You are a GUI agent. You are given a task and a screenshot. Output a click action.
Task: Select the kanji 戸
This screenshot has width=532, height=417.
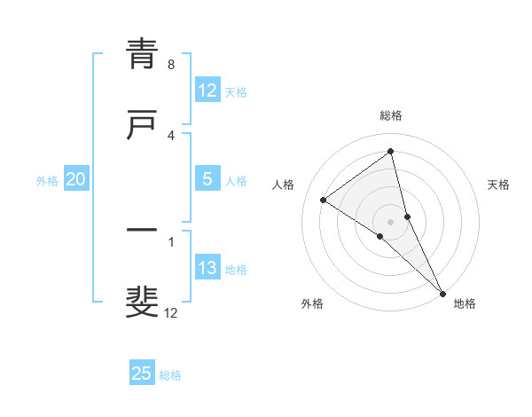pyautogui.click(x=142, y=124)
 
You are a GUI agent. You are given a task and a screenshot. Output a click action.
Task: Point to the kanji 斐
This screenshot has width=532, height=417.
pyautogui.click(x=142, y=302)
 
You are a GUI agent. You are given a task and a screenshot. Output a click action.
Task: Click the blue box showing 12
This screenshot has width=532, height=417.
pyautogui.click(x=207, y=90)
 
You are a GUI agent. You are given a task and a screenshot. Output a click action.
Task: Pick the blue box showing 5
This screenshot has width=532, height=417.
pyautogui.click(x=207, y=179)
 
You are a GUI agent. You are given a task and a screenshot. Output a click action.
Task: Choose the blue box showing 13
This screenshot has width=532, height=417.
pyautogui.click(x=207, y=268)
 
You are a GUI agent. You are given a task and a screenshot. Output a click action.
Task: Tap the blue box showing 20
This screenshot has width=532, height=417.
pyautogui.click(x=76, y=179)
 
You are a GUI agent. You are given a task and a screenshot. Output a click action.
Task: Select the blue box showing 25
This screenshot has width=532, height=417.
pyautogui.click(x=142, y=374)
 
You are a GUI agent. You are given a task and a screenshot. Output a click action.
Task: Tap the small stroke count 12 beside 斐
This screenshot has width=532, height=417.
pyautogui.click(x=171, y=312)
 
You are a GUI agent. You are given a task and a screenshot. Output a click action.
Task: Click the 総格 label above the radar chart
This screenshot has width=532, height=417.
pyautogui.click(x=391, y=115)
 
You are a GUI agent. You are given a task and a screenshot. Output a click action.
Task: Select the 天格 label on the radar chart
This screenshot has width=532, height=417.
pyautogui.click(x=499, y=185)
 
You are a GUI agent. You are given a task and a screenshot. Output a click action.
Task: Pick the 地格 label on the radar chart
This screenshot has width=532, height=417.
pyautogui.click(x=465, y=303)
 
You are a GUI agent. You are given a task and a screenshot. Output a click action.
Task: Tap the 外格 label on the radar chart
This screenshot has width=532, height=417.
pyautogui.click(x=312, y=303)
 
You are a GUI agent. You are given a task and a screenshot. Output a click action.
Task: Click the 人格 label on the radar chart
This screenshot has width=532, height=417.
pyautogui.click(x=283, y=185)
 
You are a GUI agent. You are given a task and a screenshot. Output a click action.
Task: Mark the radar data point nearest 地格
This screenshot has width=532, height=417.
pyautogui.click(x=442, y=292)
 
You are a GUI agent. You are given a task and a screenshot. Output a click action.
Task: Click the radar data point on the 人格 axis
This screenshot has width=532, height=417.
pyautogui.click(x=324, y=200)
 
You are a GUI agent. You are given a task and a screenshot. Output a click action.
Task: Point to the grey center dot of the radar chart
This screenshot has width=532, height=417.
pyautogui.click(x=391, y=221)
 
